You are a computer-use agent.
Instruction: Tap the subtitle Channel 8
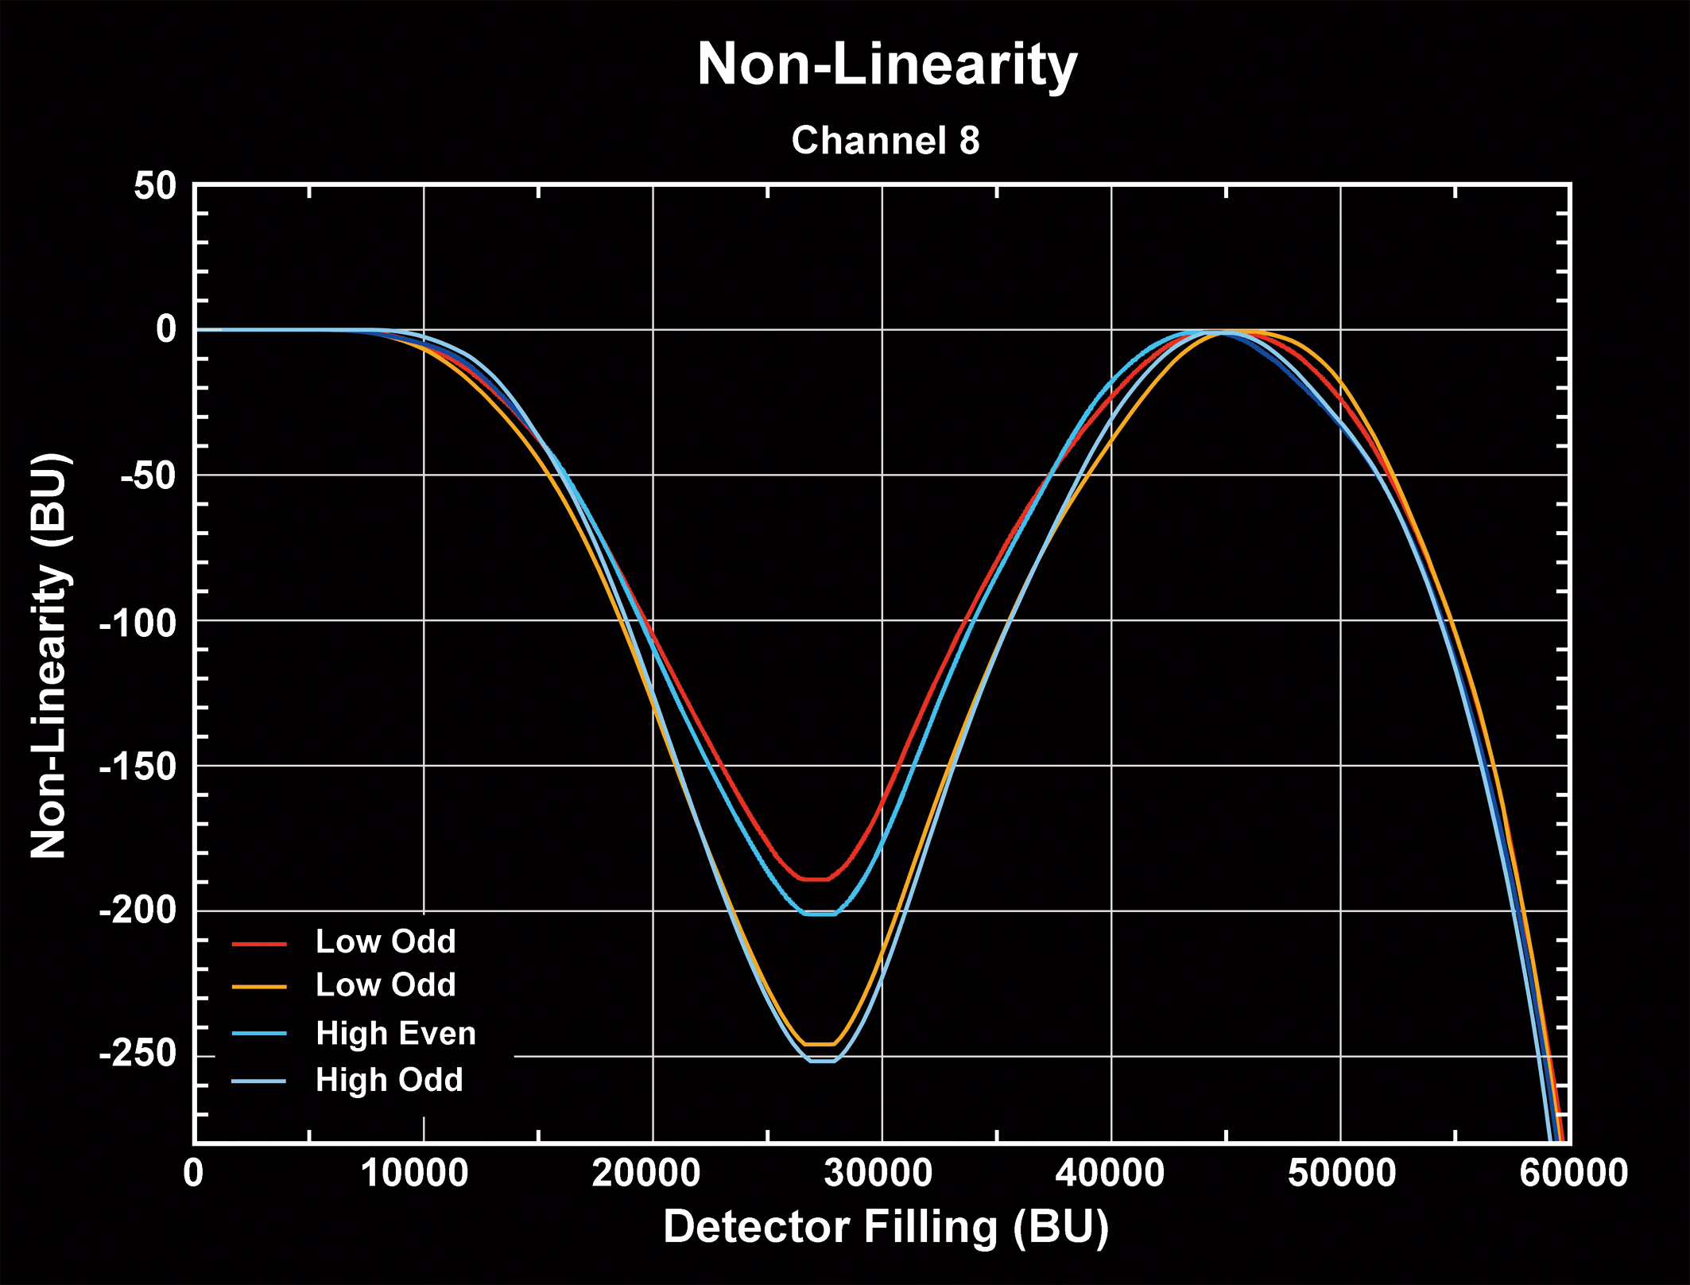click(886, 141)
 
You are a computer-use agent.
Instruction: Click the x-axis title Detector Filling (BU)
click(886, 1226)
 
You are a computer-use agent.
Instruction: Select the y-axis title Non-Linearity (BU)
click(49, 656)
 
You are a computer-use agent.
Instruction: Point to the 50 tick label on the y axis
click(155, 187)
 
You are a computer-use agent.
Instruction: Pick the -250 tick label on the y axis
click(137, 1055)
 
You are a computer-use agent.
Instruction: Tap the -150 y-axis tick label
click(137, 767)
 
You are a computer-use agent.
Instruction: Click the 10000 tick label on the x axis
click(415, 1173)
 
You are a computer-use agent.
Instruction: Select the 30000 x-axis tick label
click(878, 1173)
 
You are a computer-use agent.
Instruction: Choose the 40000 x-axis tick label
click(1109, 1173)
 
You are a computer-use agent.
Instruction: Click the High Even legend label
click(396, 1033)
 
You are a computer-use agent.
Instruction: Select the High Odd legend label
click(389, 1080)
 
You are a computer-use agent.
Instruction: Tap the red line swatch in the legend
click(259, 944)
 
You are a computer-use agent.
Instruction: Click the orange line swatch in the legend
click(259, 988)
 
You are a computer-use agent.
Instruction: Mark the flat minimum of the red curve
click(816, 879)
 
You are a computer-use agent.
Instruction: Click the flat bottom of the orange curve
click(820, 1043)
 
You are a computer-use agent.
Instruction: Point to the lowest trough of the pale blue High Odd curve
click(823, 1061)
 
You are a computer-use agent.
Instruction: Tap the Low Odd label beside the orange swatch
click(386, 985)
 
